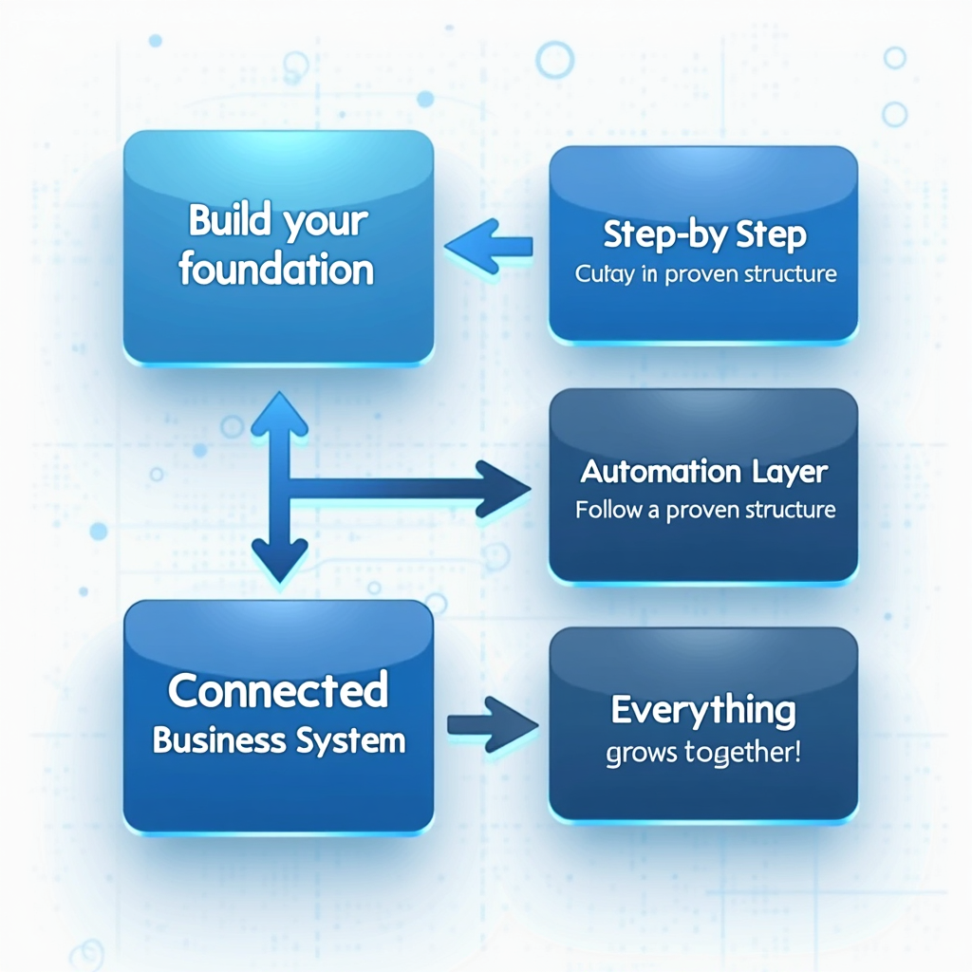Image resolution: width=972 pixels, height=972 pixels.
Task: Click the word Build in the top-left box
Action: point(223,220)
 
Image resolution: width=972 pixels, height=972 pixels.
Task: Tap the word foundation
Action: point(276,270)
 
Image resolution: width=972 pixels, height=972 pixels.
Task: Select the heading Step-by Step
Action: point(705,234)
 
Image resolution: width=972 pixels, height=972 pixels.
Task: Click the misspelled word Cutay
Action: point(596,274)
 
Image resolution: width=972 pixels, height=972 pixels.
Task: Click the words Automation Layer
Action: point(704,471)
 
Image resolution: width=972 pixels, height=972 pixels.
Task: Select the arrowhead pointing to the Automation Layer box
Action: point(503,489)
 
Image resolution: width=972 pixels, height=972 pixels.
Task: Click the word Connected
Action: point(278,691)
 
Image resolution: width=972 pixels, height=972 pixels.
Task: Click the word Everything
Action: point(703,710)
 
